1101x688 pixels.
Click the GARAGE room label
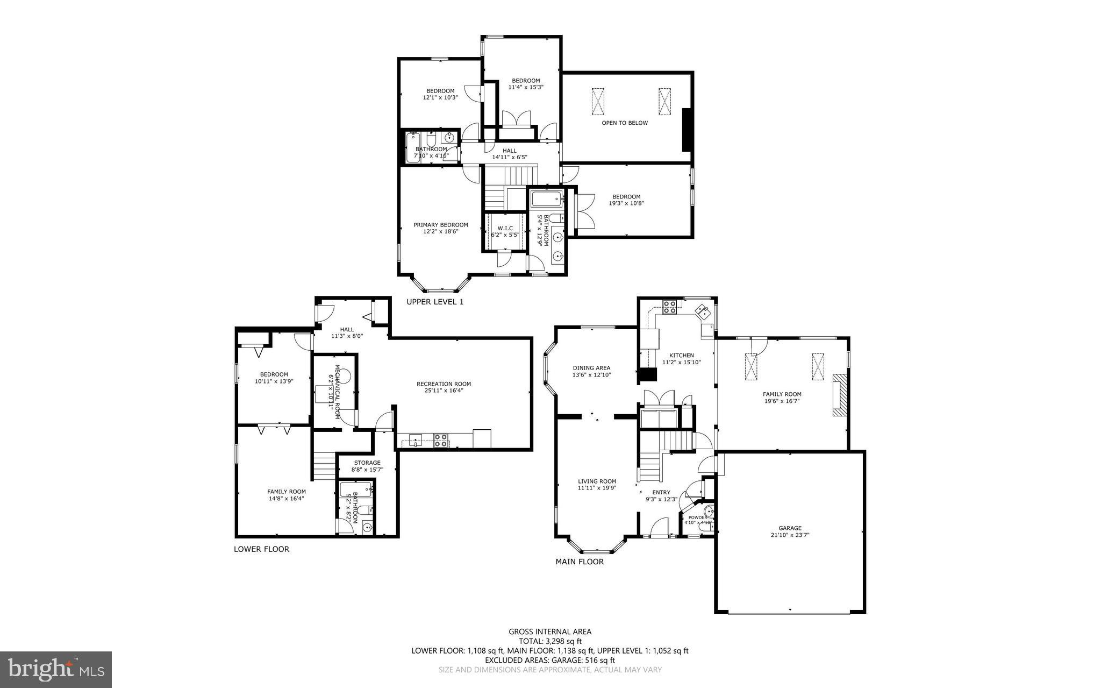(x=790, y=528)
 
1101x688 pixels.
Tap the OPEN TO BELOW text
(x=625, y=123)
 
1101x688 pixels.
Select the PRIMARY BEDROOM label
(x=440, y=225)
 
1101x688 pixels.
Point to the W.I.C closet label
(x=505, y=229)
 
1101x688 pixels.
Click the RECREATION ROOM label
(x=444, y=384)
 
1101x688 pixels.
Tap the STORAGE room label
(x=367, y=463)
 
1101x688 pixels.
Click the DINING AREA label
(x=591, y=368)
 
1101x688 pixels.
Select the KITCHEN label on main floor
(x=681, y=356)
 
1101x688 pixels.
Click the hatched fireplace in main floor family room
(x=840, y=395)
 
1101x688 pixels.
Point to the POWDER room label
(x=698, y=517)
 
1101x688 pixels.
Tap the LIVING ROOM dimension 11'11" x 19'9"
(x=597, y=488)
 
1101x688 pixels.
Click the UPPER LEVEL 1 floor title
(x=434, y=302)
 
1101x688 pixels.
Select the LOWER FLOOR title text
(x=261, y=549)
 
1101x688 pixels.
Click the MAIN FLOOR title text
(x=580, y=562)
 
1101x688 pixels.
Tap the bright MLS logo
(x=56, y=669)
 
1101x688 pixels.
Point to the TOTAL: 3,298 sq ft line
(x=550, y=641)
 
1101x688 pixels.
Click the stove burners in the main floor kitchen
(x=670, y=307)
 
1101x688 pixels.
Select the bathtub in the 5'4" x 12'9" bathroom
(x=546, y=200)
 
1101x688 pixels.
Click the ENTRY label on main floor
(x=661, y=492)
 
